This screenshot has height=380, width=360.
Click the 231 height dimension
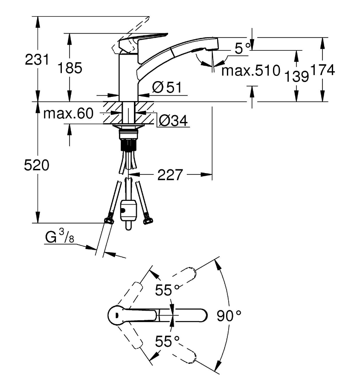[37, 60]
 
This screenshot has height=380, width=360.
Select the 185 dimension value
[70, 68]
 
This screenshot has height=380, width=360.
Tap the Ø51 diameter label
[167, 87]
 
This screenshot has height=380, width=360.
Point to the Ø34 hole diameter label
[174, 120]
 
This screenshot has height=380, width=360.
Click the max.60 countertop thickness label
[68, 113]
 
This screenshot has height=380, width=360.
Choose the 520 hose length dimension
[37, 165]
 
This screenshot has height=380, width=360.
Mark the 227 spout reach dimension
[170, 175]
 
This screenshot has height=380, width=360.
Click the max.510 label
[251, 70]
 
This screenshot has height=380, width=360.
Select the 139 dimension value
[297, 76]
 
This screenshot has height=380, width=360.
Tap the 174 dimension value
[322, 70]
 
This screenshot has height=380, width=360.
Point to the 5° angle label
[242, 48]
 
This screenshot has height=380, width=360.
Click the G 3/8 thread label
[60, 236]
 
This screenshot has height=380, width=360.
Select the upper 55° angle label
[167, 290]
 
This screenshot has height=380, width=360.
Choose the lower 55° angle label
[167, 342]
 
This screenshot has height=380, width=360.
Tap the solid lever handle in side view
[143, 43]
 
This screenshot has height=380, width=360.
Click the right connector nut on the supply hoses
[148, 219]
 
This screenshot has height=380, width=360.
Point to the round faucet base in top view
[117, 315]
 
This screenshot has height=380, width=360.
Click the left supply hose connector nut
[109, 219]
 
